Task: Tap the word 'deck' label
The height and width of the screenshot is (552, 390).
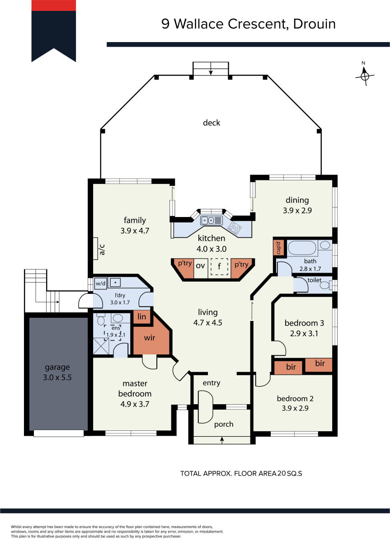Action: coord(211,123)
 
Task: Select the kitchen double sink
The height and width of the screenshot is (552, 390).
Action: coord(208,221)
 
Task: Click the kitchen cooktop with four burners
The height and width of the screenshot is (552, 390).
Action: coord(235,227)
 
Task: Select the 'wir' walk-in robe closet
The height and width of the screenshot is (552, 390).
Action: coord(150,337)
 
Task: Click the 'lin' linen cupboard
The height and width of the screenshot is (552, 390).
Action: coord(142,317)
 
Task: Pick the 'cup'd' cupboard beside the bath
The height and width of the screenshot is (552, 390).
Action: coord(278,248)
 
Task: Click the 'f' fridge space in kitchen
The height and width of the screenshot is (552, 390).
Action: coord(219,267)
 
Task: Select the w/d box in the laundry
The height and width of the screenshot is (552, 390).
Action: coord(100,283)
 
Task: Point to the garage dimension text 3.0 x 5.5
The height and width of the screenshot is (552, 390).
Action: coord(57,377)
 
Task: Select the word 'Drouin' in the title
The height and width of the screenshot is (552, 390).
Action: coord(315,24)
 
